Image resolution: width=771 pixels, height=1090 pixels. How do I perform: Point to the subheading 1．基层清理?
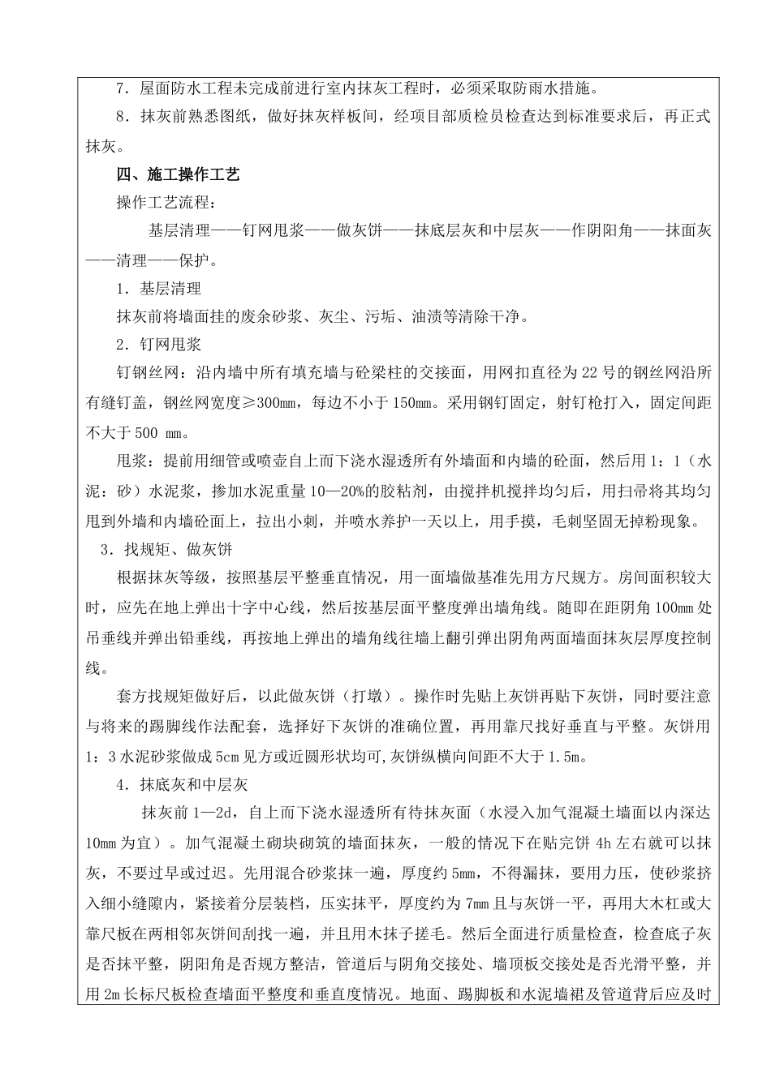click(x=158, y=289)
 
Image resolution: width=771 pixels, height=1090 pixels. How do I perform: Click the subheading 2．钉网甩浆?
click(x=158, y=345)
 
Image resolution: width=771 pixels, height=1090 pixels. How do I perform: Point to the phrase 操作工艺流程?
click(x=167, y=203)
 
